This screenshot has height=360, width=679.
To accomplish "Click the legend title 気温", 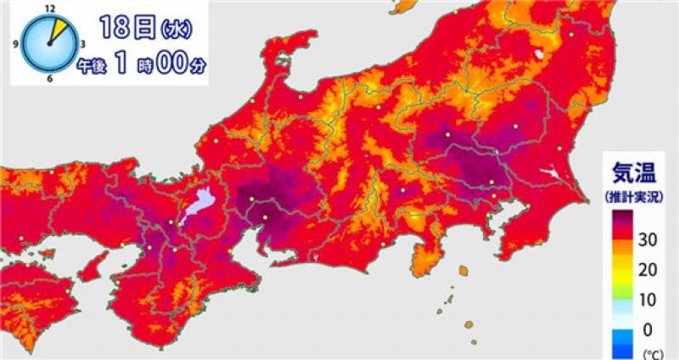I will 631,174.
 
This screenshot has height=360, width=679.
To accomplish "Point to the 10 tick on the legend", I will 647,300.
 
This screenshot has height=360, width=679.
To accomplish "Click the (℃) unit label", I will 650,350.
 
